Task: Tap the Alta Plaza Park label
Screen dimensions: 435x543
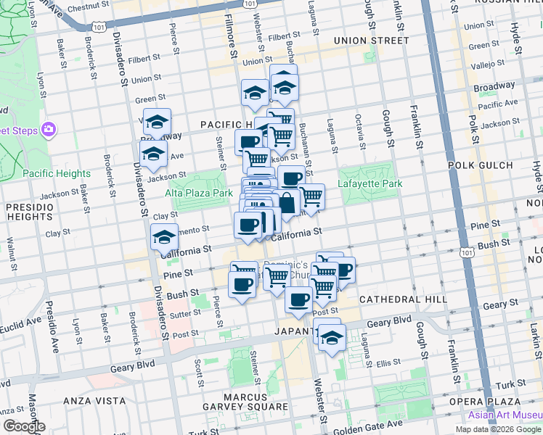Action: [198, 193]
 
